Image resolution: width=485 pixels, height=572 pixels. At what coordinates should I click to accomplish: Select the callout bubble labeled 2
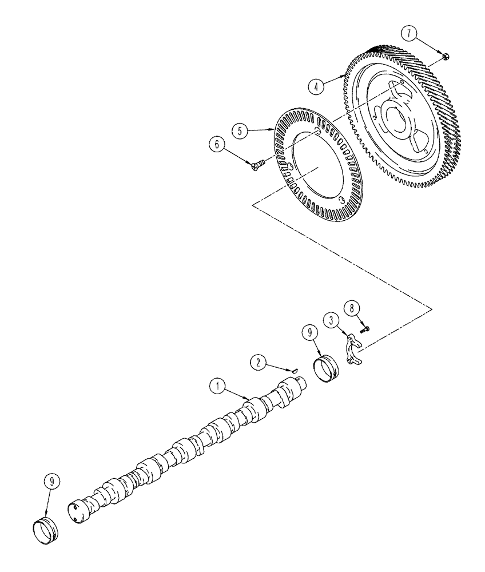click(259, 362)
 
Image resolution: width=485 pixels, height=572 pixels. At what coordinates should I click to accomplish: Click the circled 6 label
click(217, 146)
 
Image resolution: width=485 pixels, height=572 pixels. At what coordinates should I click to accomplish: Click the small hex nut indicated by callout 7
click(446, 55)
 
